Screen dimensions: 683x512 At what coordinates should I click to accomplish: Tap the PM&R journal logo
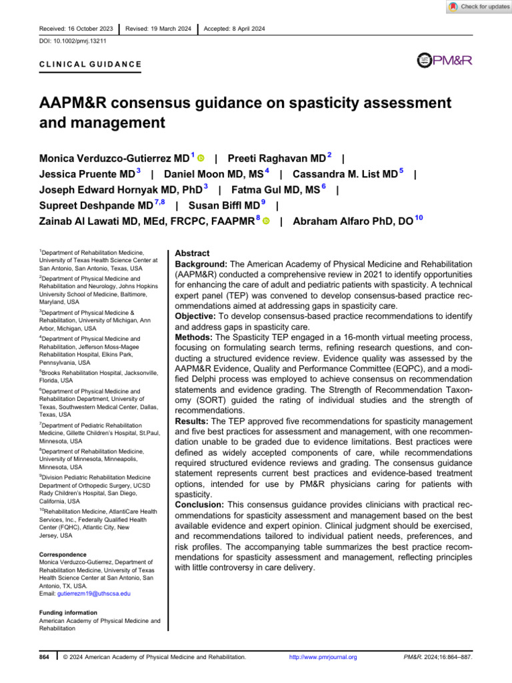click(444, 61)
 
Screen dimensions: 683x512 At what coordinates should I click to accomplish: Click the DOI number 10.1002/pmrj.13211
click(69, 41)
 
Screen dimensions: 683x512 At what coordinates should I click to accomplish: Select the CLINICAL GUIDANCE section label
click(86, 64)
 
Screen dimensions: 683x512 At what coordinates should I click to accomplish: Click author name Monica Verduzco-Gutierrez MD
click(115, 159)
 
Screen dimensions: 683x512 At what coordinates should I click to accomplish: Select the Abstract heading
click(192, 254)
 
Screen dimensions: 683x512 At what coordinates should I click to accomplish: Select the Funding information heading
click(68, 612)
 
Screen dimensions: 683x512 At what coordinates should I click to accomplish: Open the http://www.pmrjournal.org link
click(323, 658)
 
